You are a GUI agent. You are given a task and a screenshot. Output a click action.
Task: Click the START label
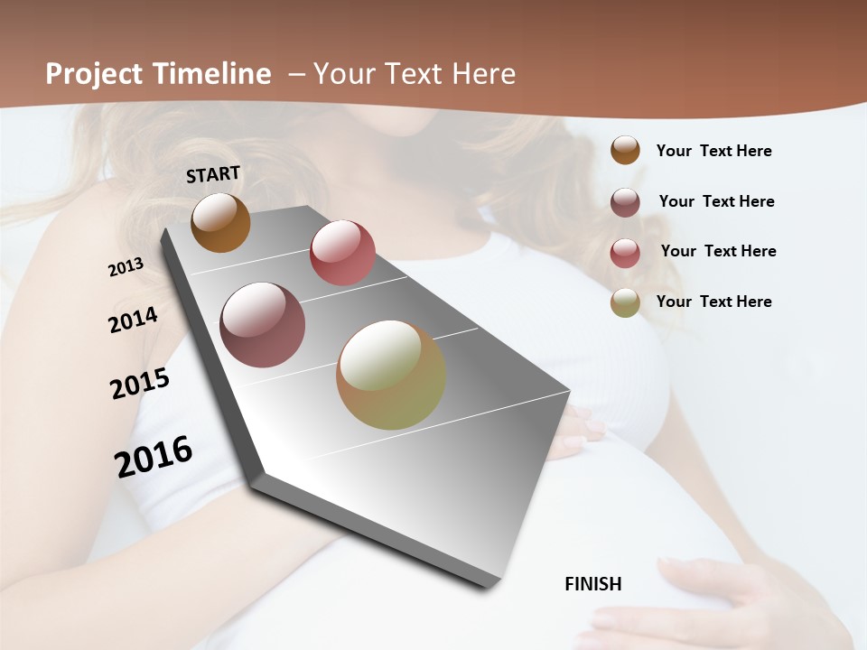[x=213, y=174]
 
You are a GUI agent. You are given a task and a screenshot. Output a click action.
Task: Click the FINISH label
[x=592, y=584]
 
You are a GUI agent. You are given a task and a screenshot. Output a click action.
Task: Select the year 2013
[x=126, y=266]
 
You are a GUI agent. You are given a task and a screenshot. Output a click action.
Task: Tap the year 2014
[x=133, y=320]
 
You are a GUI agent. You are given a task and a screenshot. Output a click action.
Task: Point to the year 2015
[x=140, y=384]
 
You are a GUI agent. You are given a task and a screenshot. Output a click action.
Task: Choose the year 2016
[x=154, y=456]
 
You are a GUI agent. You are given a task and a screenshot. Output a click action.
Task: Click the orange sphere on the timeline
[x=220, y=222]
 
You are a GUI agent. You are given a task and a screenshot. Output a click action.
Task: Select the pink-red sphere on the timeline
[x=342, y=253]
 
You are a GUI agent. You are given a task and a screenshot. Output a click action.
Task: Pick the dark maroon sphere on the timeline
[x=262, y=325]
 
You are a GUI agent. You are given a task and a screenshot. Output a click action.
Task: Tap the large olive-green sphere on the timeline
[x=391, y=375]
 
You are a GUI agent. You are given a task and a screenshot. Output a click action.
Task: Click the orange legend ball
[x=625, y=151]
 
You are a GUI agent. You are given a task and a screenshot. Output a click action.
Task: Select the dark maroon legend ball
[x=625, y=202]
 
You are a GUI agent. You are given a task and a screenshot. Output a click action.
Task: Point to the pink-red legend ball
[x=625, y=252]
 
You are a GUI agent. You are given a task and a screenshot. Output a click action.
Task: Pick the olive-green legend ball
[x=625, y=302]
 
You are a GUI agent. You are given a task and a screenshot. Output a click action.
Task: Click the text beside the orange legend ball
[x=713, y=151]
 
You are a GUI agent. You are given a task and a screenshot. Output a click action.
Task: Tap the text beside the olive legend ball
[x=713, y=302]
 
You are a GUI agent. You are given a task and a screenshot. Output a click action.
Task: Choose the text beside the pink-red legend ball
[x=718, y=251]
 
